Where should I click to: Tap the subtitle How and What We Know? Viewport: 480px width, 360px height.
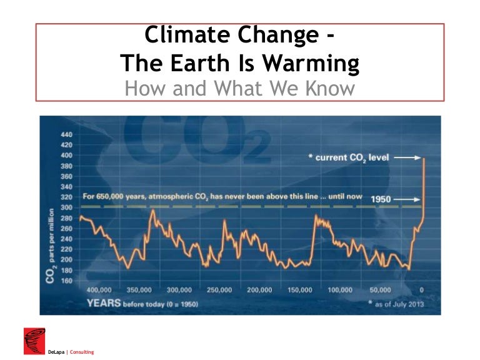pyautogui.click(x=239, y=88)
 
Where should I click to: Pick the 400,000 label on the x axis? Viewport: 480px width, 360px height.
pyautogui.click(x=99, y=291)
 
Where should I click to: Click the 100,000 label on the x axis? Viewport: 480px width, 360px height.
pyautogui.click(x=341, y=291)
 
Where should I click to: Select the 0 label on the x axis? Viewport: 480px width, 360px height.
pyautogui.click(x=422, y=291)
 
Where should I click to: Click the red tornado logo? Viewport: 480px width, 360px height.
pyautogui.click(x=34, y=340)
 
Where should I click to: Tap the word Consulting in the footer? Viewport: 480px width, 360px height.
pyautogui.click(x=82, y=352)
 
